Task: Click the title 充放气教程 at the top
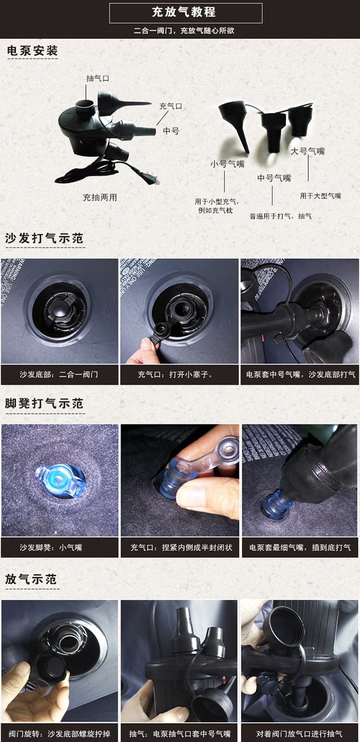(184, 12)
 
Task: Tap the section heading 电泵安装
(33, 51)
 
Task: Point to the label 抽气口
(98, 79)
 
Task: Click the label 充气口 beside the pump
(170, 106)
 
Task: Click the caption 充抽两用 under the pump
(100, 197)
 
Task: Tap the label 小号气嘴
(228, 164)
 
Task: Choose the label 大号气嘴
(308, 151)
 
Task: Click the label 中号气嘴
(274, 178)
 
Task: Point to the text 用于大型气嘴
(321, 196)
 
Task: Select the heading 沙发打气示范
(44, 239)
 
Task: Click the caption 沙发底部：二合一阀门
(59, 374)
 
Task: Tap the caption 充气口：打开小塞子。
(175, 374)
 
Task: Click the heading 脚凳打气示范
(44, 404)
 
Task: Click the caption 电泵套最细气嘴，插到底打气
(300, 548)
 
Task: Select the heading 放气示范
(31, 579)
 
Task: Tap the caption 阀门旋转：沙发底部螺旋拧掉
(60, 734)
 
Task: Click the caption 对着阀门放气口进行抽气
(300, 734)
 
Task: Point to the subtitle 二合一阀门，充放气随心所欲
(184, 31)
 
